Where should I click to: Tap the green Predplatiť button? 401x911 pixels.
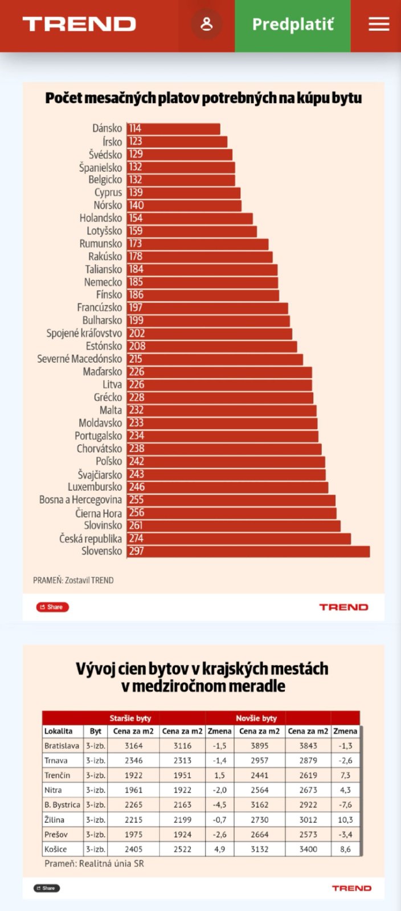(x=293, y=25)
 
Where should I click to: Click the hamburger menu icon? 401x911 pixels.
(x=379, y=24)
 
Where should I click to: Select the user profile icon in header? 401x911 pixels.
(x=206, y=24)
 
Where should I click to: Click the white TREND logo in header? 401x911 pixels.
(x=79, y=24)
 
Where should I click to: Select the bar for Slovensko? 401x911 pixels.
(x=248, y=551)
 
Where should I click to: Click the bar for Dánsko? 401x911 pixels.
(x=174, y=129)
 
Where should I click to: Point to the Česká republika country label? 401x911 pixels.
(x=91, y=539)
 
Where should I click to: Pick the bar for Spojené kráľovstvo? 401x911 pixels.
(x=210, y=334)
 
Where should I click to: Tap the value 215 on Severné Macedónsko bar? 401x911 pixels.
(x=136, y=359)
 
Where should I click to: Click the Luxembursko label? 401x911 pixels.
(x=95, y=487)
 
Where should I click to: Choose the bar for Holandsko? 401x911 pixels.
(x=190, y=218)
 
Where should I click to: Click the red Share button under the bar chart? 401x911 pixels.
(x=52, y=607)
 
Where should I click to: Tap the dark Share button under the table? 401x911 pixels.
(x=47, y=888)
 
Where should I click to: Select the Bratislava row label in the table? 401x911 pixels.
(x=62, y=746)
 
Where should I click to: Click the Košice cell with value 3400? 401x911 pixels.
(x=308, y=850)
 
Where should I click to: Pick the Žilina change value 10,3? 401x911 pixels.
(x=345, y=820)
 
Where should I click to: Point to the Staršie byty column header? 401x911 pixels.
(x=130, y=719)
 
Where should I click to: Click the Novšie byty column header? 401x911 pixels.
(x=256, y=719)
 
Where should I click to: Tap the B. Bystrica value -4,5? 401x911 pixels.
(x=219, y=805)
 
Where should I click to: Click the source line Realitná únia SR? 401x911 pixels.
(x=95, y=864)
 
